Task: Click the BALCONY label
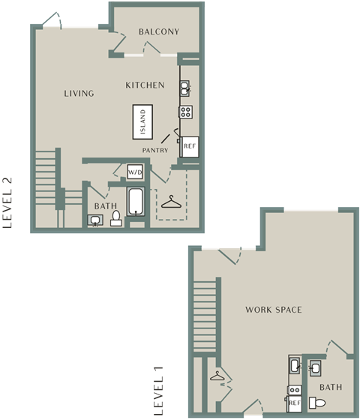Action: pos(159,31)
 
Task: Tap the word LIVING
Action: pos(79,93)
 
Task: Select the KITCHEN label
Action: pos(145,85)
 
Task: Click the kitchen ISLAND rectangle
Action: pos(142,121)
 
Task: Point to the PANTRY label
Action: pos(155,150)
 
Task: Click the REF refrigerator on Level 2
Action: pos(190,146)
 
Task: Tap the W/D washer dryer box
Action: pos(135,172)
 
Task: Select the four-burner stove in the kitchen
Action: pos(186,112)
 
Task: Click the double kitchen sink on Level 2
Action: pos(184,88)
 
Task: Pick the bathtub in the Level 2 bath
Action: pos(136,202)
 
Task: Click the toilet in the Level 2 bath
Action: pos(116,218)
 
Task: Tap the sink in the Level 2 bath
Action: pos(95,220)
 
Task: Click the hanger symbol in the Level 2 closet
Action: pos(171,202)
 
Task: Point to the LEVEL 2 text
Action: pos(7,202)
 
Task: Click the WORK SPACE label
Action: pos(274,310)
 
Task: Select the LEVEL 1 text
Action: pos(158,391)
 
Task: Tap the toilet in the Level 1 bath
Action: pos(317,403)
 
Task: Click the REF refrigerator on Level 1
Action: pos(294,403)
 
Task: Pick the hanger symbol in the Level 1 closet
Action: pos(217,376)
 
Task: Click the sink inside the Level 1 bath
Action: pos(315,368)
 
